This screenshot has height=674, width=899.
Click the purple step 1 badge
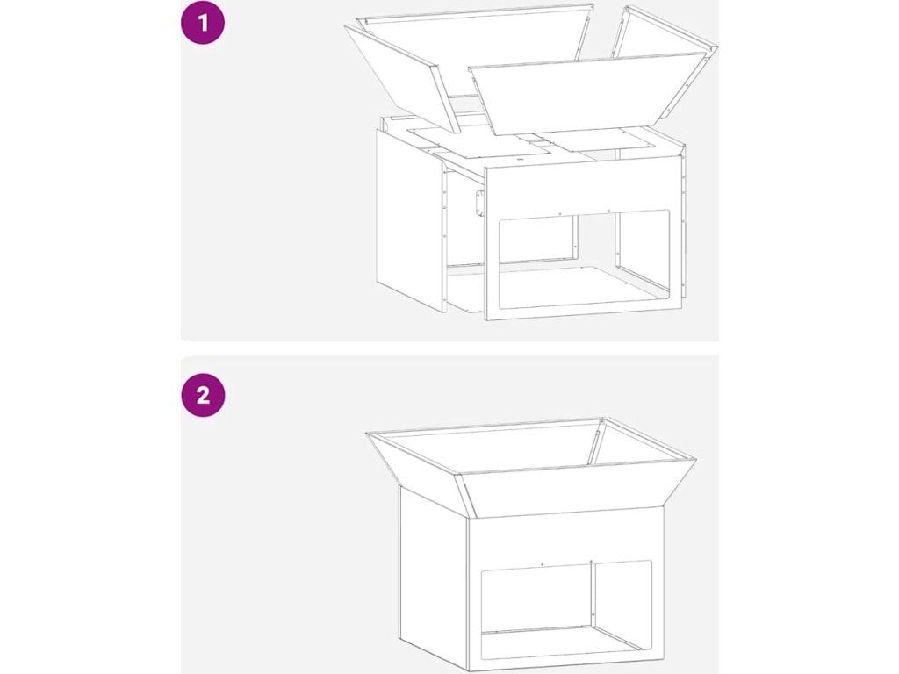[x=203, y=23]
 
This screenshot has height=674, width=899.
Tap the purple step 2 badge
[x=203, y=395]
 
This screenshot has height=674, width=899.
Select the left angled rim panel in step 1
[x=401, y=77]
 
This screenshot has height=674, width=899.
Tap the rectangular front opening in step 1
[x=584, y=259]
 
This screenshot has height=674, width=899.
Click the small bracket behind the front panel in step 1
[x=478, y=204]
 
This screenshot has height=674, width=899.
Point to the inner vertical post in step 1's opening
[x=618, y=240]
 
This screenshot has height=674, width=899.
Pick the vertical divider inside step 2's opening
[x=593, y=596]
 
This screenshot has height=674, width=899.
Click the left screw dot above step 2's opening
[x=543, y=564]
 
